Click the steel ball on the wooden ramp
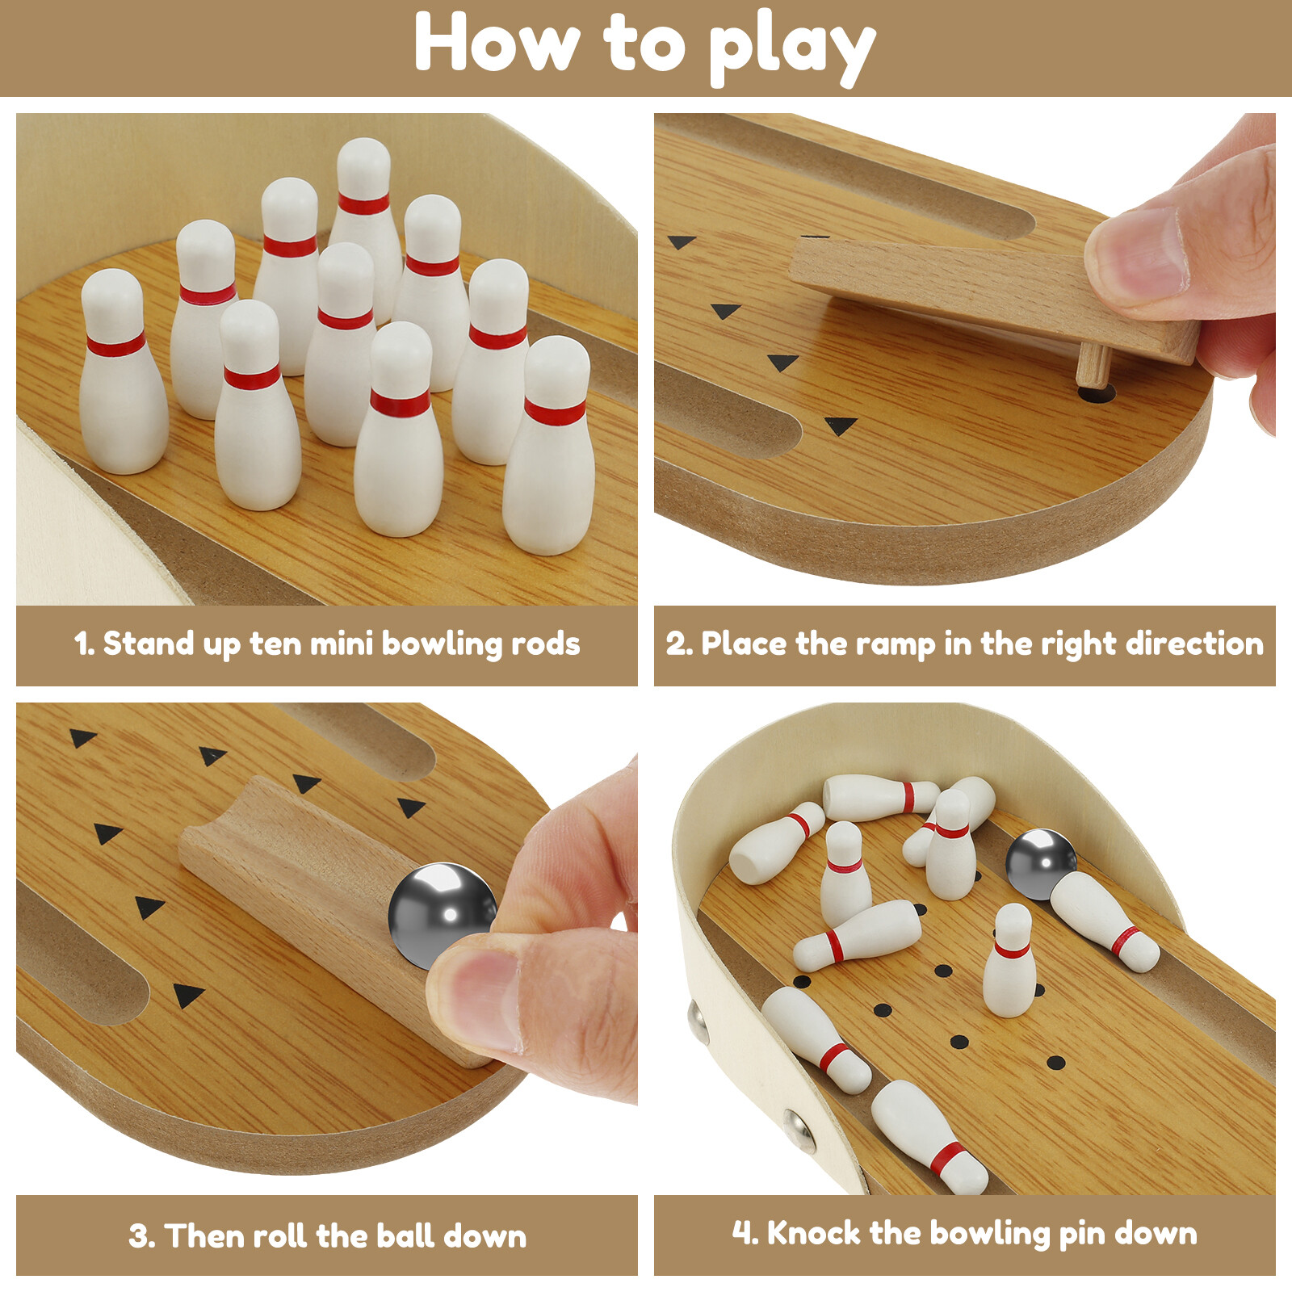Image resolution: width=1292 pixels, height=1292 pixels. click(441, 912)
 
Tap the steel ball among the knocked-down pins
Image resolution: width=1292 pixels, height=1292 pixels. click(1040, 862)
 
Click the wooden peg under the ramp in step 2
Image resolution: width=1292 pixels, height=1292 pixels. click(1093, 364)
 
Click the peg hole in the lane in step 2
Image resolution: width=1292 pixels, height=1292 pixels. click(1097, 394)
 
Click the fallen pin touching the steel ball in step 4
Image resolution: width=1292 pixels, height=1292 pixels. click(1105, 921)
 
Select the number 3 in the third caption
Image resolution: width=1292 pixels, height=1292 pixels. click(141, 1235)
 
